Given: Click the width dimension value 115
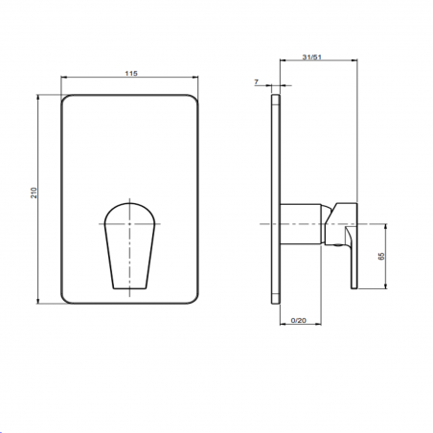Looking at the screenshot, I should click(130, 72).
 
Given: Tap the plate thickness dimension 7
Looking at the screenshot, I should click(258, 83).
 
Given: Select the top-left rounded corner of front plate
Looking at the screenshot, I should click(68, 99).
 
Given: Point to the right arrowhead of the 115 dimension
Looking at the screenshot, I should click(196, 80).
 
